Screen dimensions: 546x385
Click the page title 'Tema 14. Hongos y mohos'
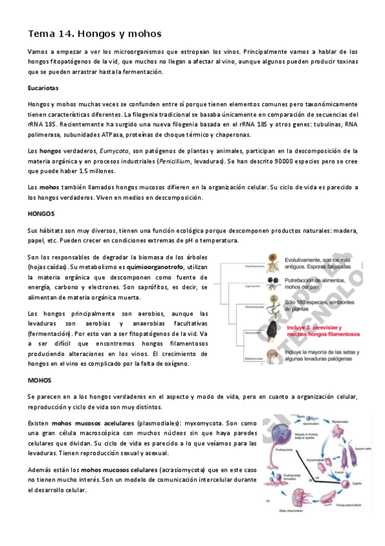pos(94,33)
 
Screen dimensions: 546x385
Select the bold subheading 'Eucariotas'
pos(44,87)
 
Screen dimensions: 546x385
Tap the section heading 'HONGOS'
pos(41,213)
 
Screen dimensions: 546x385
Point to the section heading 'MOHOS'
pos(39,380)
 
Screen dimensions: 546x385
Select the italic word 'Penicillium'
pos(176,161)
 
